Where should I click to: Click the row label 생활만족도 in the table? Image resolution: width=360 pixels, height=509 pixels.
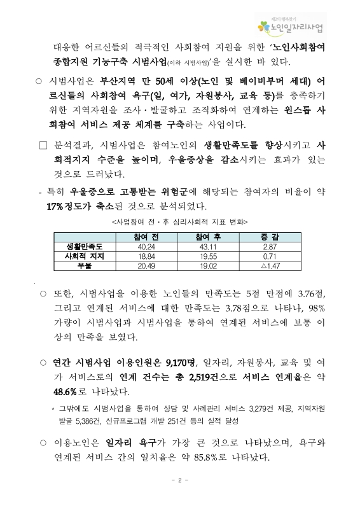click(x=88, y=246)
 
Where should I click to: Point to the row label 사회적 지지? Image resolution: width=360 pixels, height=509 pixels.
click(x=88, y=255)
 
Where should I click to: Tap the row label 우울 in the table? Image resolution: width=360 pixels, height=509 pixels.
click(x=88, y=264)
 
